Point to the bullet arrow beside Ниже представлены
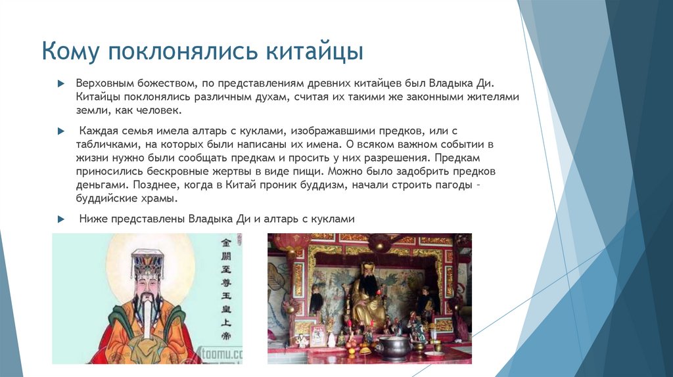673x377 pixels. pyautogui.click(x=60, y=219)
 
